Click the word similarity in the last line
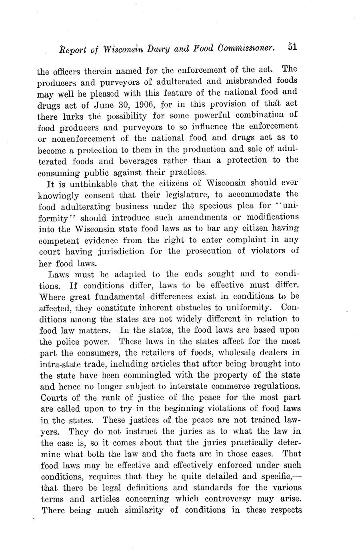[154, 510]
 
